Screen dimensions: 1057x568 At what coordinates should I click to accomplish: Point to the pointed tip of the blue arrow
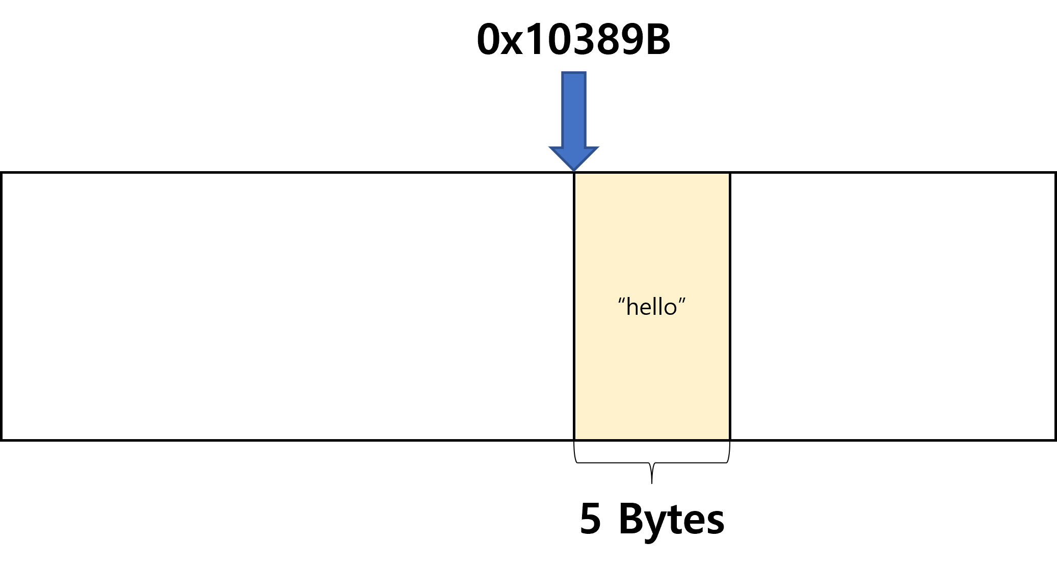[x=574, y=170]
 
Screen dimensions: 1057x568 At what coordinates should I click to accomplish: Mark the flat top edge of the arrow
[x=574, y=73]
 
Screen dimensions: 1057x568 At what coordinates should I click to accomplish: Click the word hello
[x=652, y=307]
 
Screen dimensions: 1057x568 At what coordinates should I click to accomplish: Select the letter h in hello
[x=632, y=307]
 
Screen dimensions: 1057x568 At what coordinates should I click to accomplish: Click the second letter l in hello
[x=661, y=307]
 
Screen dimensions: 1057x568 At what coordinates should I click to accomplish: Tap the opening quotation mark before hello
[x=621, y=300]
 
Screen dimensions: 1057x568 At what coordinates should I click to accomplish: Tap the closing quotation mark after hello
[x=682, y=300]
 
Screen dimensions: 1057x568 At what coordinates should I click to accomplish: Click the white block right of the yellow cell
[x=892, y=306]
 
